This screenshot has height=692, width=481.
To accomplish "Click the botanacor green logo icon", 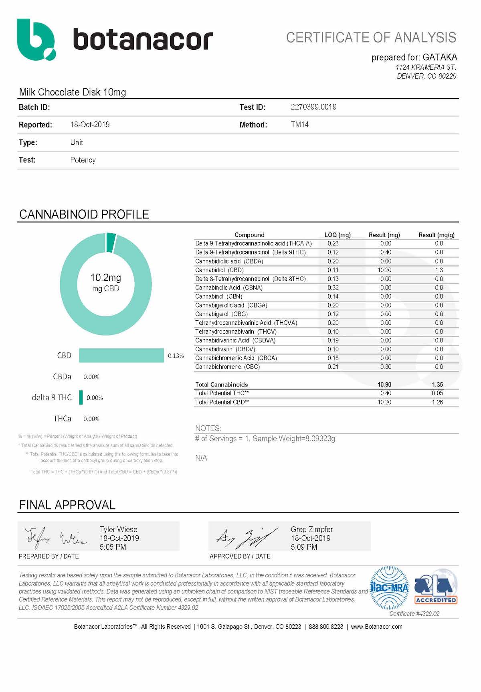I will pyautogui.click(x=35, y=40).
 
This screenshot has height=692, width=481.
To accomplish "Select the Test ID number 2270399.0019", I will pyautogui.click(x=313, y=107).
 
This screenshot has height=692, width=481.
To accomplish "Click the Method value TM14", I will pyautogui.click(x=299, y=125).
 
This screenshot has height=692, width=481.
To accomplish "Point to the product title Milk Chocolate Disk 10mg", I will pyautogui.click(x=73, y=92).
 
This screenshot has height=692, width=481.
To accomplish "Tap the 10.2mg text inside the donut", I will pyautogui.click(x=105, y=277).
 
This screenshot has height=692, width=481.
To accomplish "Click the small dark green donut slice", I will pyautogui.click(x=111, y=242).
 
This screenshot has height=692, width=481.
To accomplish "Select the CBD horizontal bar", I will pyautogui.click(x=121, y=356).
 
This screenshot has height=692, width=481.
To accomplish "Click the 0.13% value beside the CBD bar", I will pyautogui.click(x=176, y=356).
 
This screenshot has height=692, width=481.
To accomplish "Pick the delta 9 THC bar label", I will pyautogui.click(x=52, y=397).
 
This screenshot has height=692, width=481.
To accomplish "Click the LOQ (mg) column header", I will pyautogui.click(x=337, y=235).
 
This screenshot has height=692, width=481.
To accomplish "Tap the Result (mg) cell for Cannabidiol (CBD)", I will pyautogui.click(x=384, y=270).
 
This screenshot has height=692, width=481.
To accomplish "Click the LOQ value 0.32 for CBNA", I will pyautogui.click(x=333, y=288).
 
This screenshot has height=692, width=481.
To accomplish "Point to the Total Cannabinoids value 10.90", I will pyautogui.click(x=384, y=384).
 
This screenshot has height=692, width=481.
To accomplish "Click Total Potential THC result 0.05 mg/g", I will pyautogui.click(x=437, y=393).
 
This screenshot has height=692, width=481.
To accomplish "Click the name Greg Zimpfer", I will pyautogui.click(x=312, y=530).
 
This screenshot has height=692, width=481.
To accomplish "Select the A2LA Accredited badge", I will pyautogui.click(x=436, y=587).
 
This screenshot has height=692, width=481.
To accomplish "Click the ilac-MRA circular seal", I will pyautogui.click(x=389, y=588).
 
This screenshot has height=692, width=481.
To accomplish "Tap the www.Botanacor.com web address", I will pyautogui.click(x=376, y=627).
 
